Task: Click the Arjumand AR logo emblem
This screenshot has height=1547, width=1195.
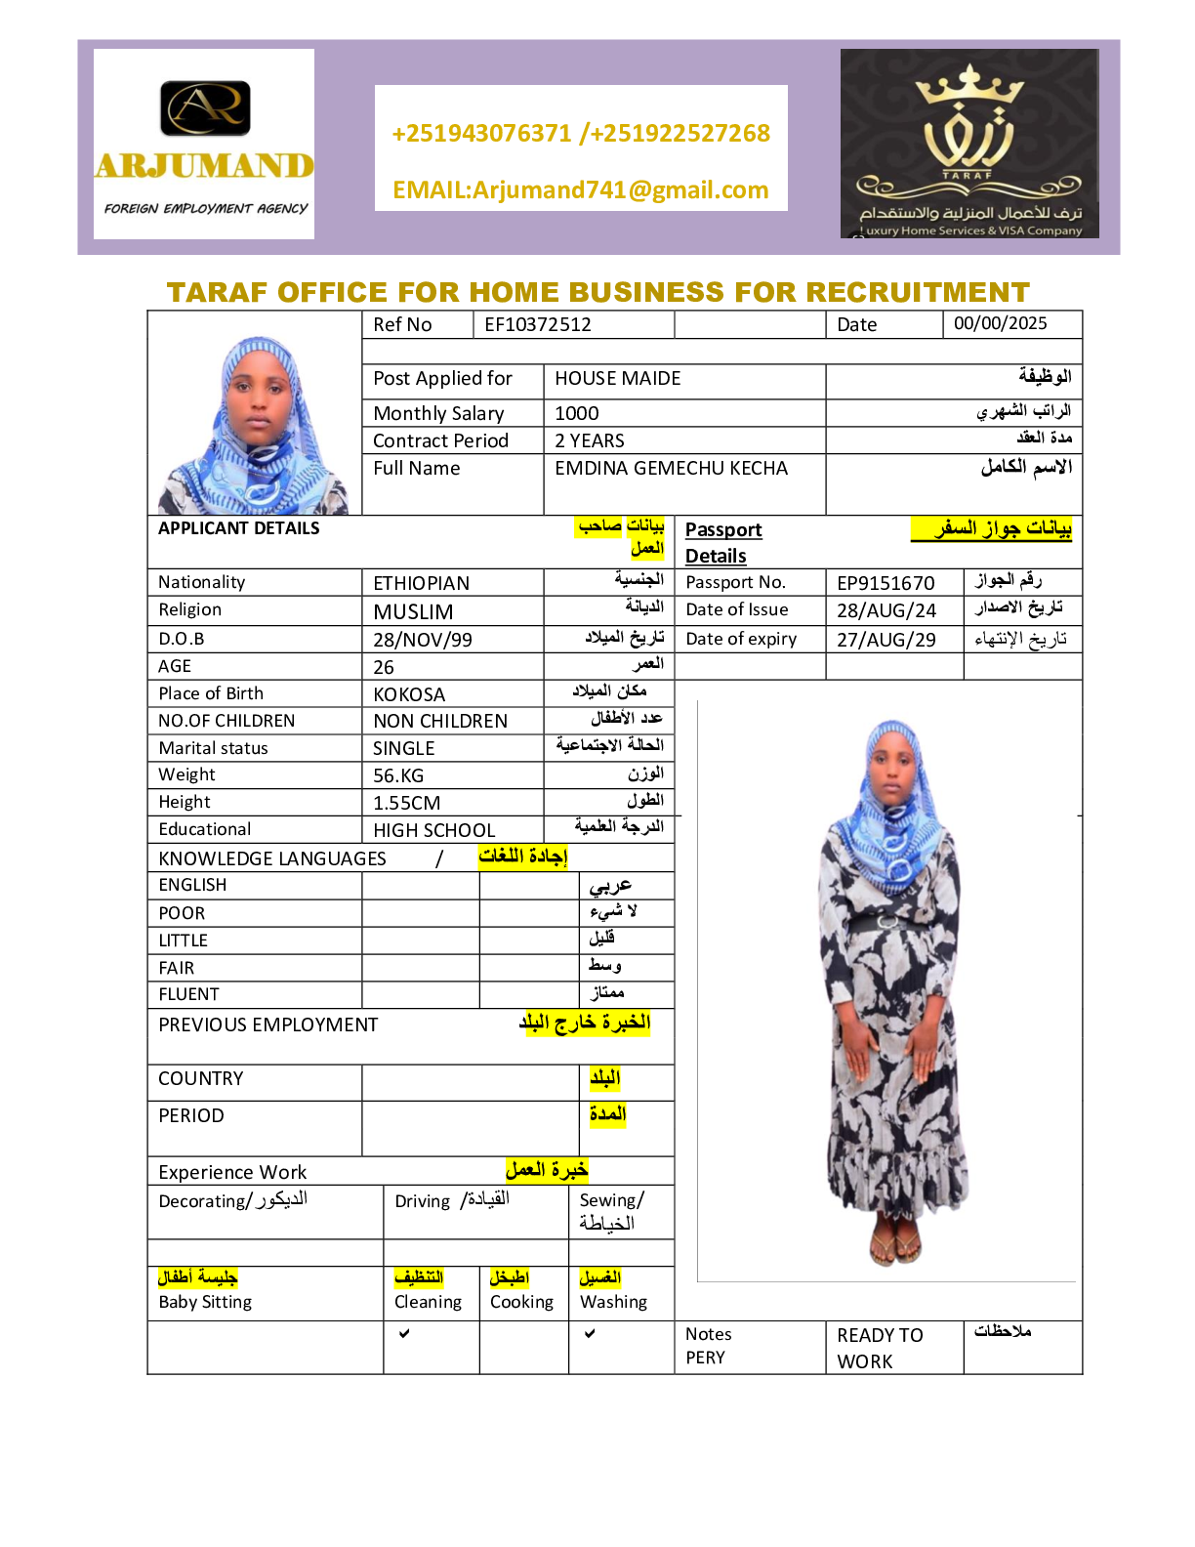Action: [x=205, y=107]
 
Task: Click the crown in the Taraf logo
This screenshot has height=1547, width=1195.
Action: [x=968, y=86]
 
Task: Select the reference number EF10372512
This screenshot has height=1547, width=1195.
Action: [x=538, y=325]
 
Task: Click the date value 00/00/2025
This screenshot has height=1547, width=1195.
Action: [x=1000, y=323]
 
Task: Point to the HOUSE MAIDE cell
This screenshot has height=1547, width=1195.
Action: [x=618, y=379]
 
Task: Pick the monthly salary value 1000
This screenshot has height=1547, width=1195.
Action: [x=577, y=414]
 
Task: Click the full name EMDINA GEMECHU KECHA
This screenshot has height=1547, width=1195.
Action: [x=671, y=469]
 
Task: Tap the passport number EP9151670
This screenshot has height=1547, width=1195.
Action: [x=886, y=583]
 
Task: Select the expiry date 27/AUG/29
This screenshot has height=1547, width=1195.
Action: [x=886, y=640]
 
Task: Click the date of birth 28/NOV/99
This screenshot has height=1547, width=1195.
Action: [x=423, y=640]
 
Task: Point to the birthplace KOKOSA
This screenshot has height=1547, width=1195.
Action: [x=409, y=694]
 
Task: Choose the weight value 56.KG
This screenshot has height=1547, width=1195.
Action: [x=398, y=775]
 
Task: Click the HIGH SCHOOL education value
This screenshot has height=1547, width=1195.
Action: [x=434, y=830]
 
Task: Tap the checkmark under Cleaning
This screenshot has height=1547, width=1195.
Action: [x=404, y=1333]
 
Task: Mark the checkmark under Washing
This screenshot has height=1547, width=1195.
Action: [x=590, y=1333]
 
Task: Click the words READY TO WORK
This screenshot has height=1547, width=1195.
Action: [x=879, y=1348]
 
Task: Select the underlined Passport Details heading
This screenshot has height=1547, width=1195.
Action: [x=722, y=542]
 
